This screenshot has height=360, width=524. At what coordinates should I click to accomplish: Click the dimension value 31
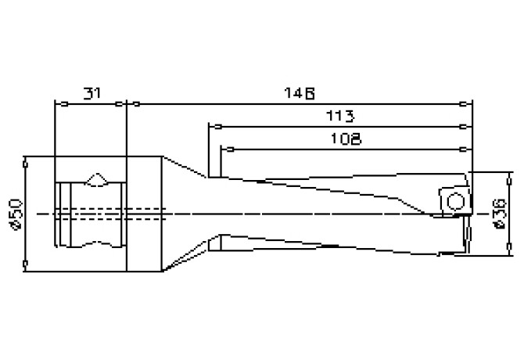[x=92, y=93]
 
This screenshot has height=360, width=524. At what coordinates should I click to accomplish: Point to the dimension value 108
[x=345, y=139]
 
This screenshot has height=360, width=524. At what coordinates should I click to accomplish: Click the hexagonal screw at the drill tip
[x=453, y=200]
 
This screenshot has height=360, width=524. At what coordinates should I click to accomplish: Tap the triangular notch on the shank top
[x=99, y=179]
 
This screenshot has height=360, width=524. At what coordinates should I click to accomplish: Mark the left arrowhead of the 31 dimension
[x=57, y=103]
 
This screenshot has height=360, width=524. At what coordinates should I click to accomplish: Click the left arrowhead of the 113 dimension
[x=212, y=125]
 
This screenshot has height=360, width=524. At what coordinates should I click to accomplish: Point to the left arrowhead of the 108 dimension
[x=224, y=148]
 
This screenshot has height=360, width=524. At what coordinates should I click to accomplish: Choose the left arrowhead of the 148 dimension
[x=132, y=103]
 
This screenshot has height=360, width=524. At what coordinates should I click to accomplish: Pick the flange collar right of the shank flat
[x=144, y=213]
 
